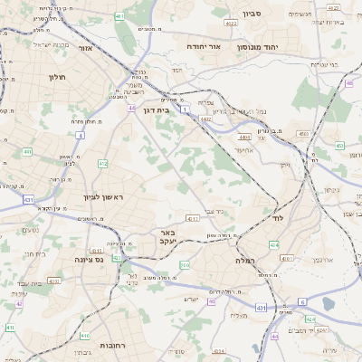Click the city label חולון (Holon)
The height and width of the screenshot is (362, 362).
(x=59, y=78)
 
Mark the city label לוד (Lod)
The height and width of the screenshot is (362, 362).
(x=277, y=218)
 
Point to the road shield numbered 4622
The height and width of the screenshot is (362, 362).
(x=256, y=23)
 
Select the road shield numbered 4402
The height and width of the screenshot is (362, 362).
(x=206, y=119)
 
